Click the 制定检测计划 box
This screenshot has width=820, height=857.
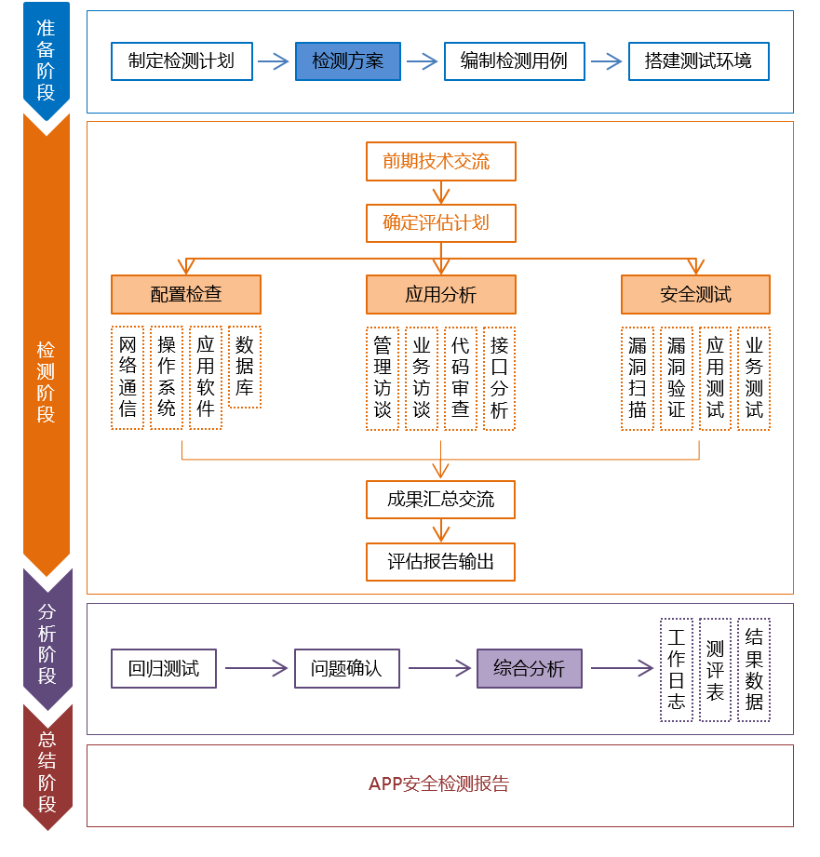[181, 62]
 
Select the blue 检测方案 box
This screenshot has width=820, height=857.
[348, 62]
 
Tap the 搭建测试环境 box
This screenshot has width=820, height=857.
[698, 62]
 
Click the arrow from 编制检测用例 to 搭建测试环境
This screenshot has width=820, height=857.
[606, 62]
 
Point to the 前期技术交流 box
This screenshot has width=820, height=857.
[440, 162]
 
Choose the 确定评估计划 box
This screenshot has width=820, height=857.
[440, 223]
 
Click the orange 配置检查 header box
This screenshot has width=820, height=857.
[186, 294]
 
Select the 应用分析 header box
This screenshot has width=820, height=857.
[440, 294]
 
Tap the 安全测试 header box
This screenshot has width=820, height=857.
[695, 294]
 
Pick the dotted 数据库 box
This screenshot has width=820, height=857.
[245, 368]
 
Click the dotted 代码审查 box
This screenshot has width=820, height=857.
[461, 378]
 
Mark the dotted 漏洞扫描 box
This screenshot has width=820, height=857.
[638, 378]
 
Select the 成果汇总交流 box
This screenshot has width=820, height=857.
[440, 500]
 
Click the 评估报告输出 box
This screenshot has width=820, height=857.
[440, 562]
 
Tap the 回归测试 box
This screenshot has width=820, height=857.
[164, 668]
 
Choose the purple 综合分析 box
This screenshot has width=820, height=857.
[530, 668]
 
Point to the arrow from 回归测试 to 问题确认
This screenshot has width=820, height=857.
[256, 668]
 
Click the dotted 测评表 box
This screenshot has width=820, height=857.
[715, 670]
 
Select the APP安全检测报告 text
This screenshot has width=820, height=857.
[439, 784]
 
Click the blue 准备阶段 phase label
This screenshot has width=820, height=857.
[47, 60]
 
